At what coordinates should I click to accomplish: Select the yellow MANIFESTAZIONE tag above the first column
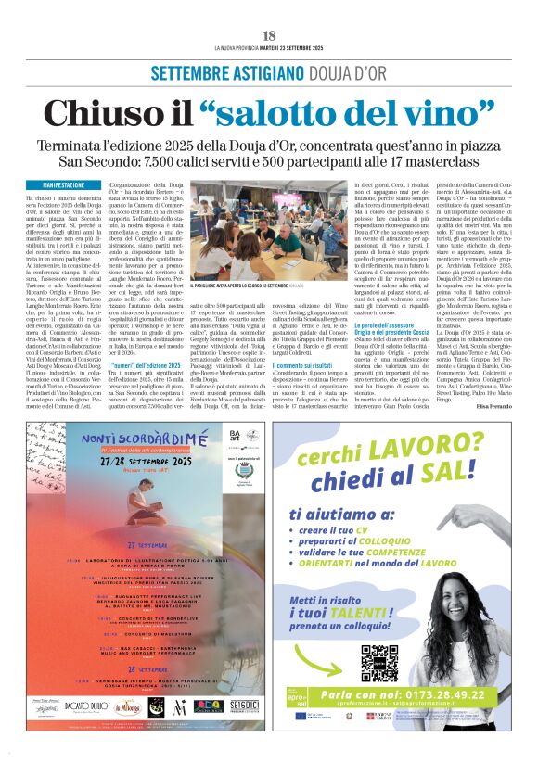(57, 185)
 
